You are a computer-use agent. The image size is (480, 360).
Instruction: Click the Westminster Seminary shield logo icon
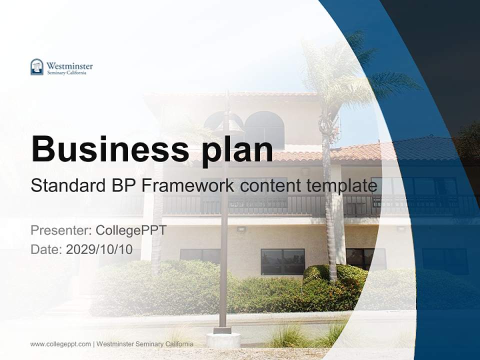click(37, 67)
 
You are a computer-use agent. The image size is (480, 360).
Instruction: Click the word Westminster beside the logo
click(69, 65)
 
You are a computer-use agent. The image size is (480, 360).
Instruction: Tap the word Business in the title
click(106, 148)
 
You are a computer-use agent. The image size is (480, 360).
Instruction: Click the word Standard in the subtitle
click(65, 185)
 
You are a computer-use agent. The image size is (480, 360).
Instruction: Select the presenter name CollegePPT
click(131, 230)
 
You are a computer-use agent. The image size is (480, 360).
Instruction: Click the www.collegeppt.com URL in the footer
click(60, 344)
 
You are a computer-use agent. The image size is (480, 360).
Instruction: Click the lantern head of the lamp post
click(227, 122)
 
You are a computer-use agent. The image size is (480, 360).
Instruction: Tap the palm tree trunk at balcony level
click(328, 200)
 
